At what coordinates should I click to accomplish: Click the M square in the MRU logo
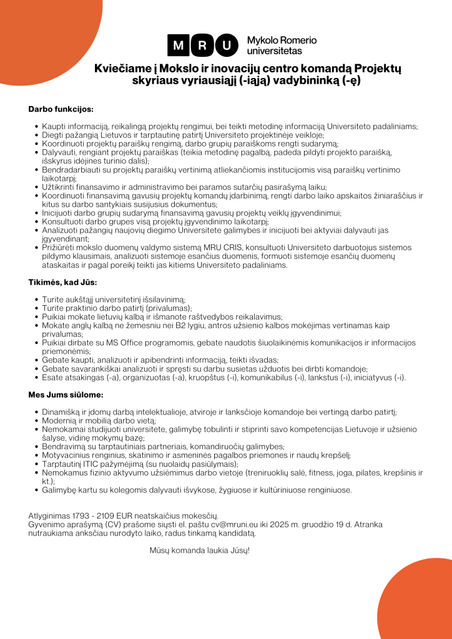(x=179, y=45)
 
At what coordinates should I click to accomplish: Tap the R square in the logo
(x=204, y=45)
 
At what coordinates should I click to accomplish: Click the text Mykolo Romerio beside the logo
(x=282, y=40)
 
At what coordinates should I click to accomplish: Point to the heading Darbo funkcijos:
(x=61, y=109)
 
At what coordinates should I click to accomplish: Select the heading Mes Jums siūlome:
(x=66, y=395)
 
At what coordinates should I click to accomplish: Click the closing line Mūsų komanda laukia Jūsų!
(x=199, y=550)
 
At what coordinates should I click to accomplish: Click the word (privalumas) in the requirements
(x=168, y=308)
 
